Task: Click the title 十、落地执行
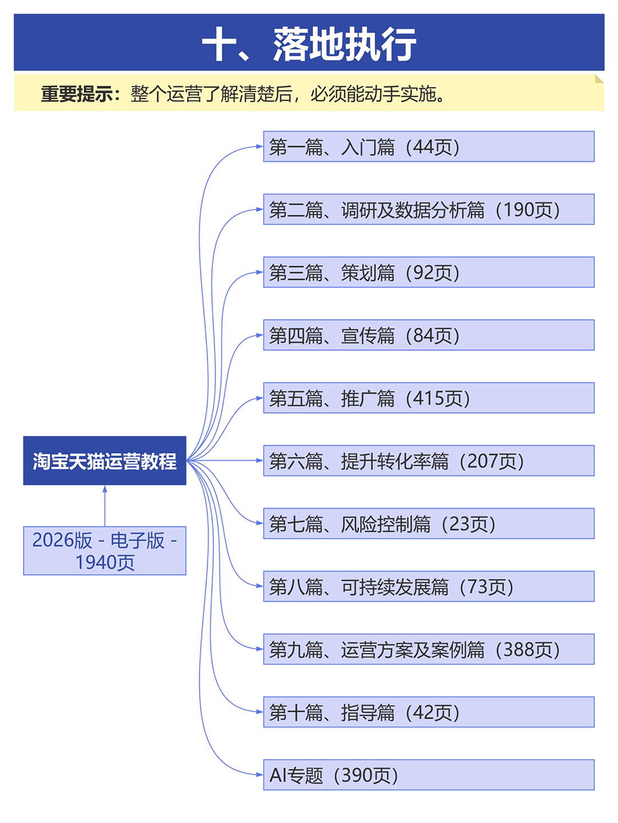309,44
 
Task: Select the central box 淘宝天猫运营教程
105,461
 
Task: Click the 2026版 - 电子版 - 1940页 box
105,550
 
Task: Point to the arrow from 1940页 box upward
105,506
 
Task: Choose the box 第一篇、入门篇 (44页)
429,146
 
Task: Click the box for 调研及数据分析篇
429,209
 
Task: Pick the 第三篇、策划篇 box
429,272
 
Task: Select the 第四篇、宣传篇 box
429,335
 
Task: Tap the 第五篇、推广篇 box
429,398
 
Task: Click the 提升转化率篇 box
429,461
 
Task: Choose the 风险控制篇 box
429,524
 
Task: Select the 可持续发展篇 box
429,586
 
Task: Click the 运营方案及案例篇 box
429,649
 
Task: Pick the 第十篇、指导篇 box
429,712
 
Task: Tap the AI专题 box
429,775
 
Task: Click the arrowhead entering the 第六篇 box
260,461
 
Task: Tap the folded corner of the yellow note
600,78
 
